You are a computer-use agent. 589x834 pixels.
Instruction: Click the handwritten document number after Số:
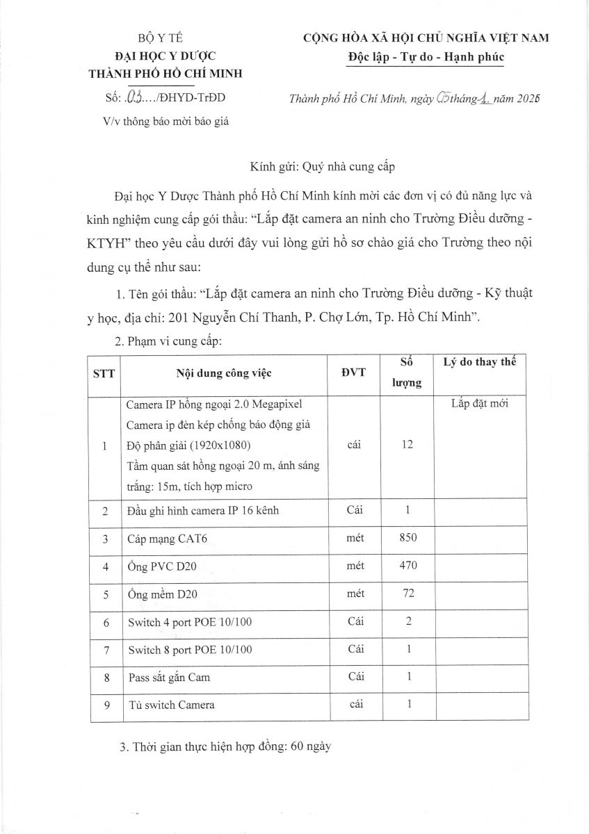tap(132, 97)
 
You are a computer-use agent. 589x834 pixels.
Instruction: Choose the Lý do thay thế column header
tap(479, 363)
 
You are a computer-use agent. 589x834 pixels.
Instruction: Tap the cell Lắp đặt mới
tap(480, 402)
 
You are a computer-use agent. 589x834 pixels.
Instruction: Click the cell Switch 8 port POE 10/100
tap(190, 650)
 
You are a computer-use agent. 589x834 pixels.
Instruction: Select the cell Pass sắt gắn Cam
tap(169, 677)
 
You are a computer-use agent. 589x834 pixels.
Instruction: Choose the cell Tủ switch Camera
tap(172, 705)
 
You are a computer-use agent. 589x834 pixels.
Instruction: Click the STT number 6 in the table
tap(106, 622)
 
